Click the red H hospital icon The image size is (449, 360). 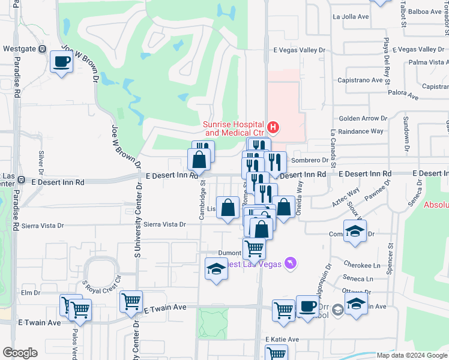pos(273,127)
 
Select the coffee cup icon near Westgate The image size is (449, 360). pos(61,61)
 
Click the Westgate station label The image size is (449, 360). pos(20,49)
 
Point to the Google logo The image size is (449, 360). pos(20,353)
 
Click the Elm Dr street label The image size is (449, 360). pos(30,293)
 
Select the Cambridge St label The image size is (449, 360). pos(203,198)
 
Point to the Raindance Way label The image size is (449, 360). pos(360,131)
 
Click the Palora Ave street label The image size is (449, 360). pos(403,94)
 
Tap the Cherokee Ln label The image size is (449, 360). pos(363,265)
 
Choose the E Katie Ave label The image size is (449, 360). pos(282,339)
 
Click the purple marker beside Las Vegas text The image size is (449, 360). pos(291,263)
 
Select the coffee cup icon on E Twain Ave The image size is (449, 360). pos(308,306)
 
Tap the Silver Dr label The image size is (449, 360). pos(41,160)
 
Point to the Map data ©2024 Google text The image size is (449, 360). pos(412,355)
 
